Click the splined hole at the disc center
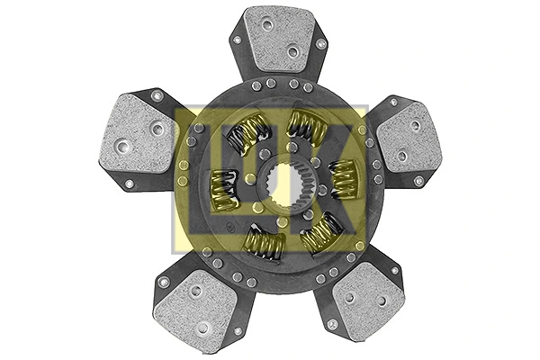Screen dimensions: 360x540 270,181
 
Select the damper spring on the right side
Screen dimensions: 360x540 342,178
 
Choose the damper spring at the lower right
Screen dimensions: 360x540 319,234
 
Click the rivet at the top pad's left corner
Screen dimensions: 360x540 236,40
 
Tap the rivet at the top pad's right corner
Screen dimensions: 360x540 319,42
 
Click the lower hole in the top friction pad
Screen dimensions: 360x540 292,51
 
